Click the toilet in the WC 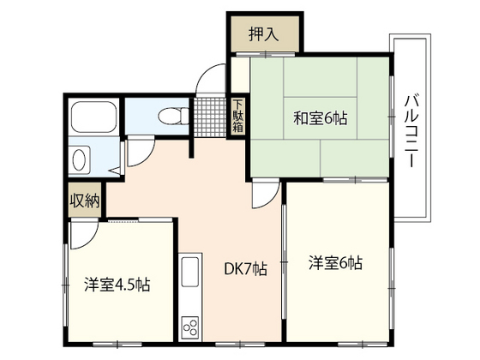171,114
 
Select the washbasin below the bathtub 80,159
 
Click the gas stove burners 190,326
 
